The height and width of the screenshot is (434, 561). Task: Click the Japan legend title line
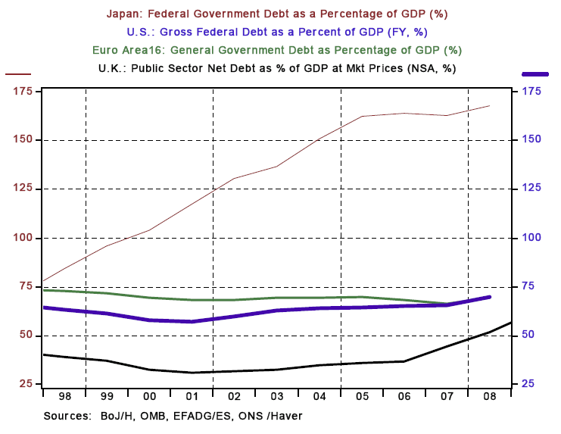tap(280, 14)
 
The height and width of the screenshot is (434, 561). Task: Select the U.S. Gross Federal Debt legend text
tap(280, 33)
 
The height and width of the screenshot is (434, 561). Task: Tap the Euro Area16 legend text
tap(280, 50)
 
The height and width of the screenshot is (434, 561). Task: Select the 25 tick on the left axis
tap(24, 384)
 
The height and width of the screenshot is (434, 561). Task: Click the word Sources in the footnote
tap(67, 417)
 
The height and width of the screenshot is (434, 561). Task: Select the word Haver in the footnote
tap(288, 417)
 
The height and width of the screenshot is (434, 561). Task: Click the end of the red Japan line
tap(490, 106)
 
